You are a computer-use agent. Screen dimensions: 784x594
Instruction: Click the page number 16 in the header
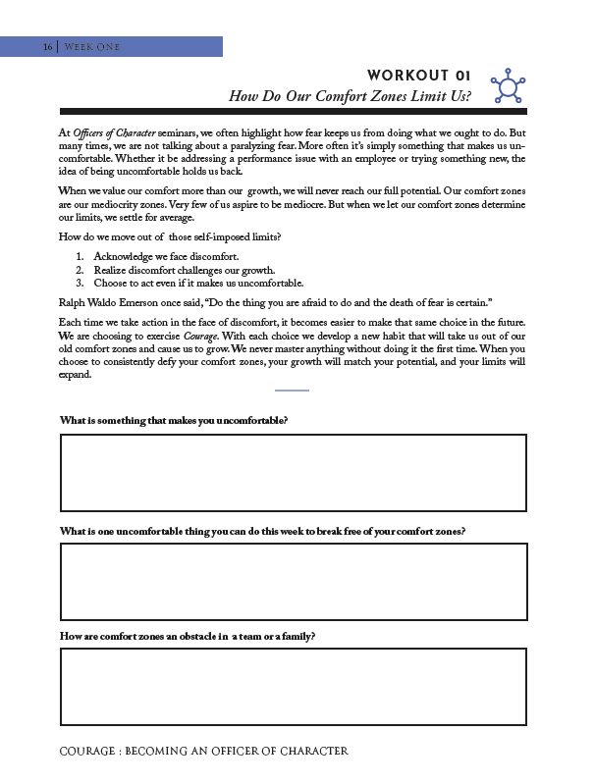[47, 47]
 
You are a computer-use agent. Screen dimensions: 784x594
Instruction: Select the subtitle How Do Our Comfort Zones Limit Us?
[350, 96]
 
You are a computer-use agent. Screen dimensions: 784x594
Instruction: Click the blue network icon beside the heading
[508, 85]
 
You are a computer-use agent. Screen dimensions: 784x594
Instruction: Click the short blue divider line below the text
[292, 391]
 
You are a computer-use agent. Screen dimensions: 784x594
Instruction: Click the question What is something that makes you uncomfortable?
[174, 420]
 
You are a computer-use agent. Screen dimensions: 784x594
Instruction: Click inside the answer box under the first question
[294, 473]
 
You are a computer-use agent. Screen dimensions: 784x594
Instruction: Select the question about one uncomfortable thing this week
[262, 531]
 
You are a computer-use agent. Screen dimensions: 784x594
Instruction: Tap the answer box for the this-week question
[294, 582]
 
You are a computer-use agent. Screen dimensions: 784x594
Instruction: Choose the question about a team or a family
[187, 636]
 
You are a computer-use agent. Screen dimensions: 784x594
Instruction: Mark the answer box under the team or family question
[294, 687]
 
